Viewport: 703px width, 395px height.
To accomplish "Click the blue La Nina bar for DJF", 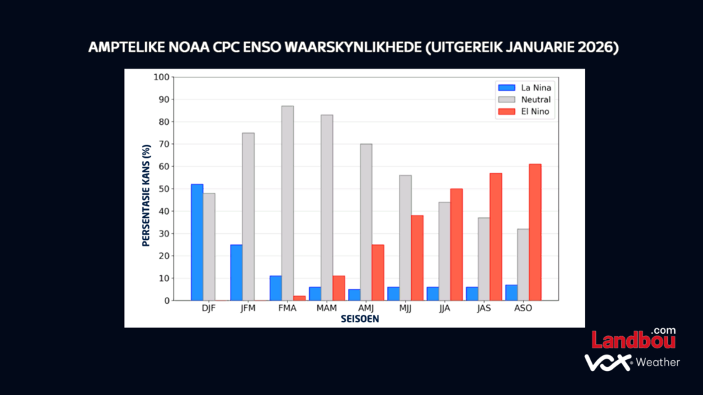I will pyautogui.click(x=197, y=242).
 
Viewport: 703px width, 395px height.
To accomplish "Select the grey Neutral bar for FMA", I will pyautogui.click(x=288, y=203).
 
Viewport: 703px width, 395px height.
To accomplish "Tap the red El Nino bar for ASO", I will pyautogui.click(x=535, y=232).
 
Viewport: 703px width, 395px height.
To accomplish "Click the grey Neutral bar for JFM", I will pyautogui.click(x=248, y=217).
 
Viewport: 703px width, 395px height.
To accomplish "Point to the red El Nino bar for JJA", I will pyautogui.click(x=457, y=244).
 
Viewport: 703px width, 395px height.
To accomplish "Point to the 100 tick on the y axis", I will pyautogui.click(x=161, y=77).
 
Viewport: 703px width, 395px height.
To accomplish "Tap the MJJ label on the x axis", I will pyautogui.click(x=405, y=309).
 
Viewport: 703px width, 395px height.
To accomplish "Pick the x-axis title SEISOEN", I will pyautogui.click(x=360, y=319).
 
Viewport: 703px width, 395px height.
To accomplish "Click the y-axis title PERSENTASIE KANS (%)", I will pyautogui.click(x=146, y=195).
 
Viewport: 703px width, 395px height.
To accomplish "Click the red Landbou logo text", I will pyautogui.click(x=632, y=340).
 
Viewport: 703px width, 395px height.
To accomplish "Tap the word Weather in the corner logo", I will pyautogui.click(x=658, y=362).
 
